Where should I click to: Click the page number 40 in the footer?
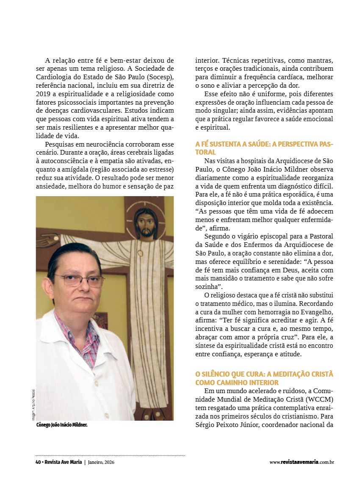(38, 462)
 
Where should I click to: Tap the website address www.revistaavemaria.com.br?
(302, 462)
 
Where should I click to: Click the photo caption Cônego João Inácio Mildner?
(62, 425)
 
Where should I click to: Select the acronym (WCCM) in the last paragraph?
(318, 399)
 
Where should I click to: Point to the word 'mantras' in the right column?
(318, 60)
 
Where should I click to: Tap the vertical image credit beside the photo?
(33, 404)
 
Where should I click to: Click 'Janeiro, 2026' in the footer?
(101, 462)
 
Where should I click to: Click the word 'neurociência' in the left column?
(102, 144)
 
